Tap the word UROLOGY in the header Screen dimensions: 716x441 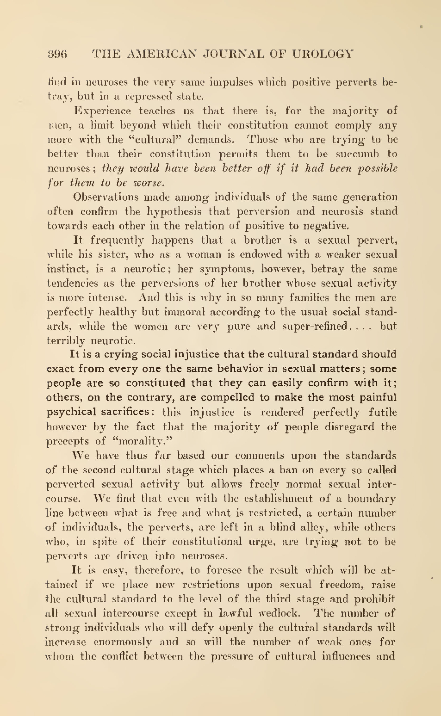coord(323,54)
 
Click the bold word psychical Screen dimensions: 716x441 coord(71,412)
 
